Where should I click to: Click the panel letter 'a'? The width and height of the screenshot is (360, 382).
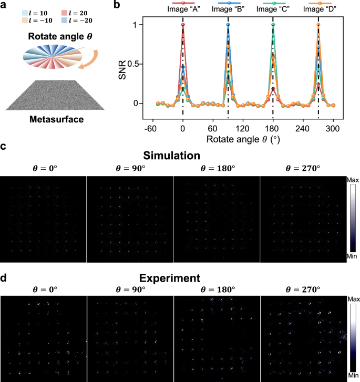[x=4, y=5]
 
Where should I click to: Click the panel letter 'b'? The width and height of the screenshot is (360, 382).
[x=125, y=5]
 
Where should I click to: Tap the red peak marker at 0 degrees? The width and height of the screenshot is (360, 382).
[x=183, y=25]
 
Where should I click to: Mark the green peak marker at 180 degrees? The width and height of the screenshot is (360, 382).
[x=273, y=25]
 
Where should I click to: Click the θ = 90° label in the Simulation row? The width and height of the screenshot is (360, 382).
[x=130, y=168]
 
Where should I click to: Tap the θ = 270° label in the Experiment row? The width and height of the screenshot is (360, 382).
[x=302, y=288]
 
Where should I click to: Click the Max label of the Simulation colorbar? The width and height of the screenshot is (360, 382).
[x=352, y=180]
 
